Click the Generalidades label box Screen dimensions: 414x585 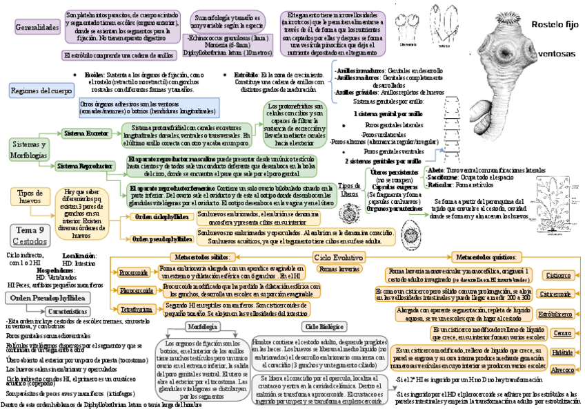pos(36,28)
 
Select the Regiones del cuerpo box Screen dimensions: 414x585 pos(41,91)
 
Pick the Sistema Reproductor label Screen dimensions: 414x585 pos(84,167)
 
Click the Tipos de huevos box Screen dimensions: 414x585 pos(30,196)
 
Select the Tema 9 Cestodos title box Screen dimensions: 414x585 pos(30,235)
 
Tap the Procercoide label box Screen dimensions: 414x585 pos(133,273)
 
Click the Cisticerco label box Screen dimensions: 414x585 pos(558,275)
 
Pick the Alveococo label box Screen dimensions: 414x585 pos(560,370)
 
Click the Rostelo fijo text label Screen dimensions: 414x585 pos(553,25)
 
